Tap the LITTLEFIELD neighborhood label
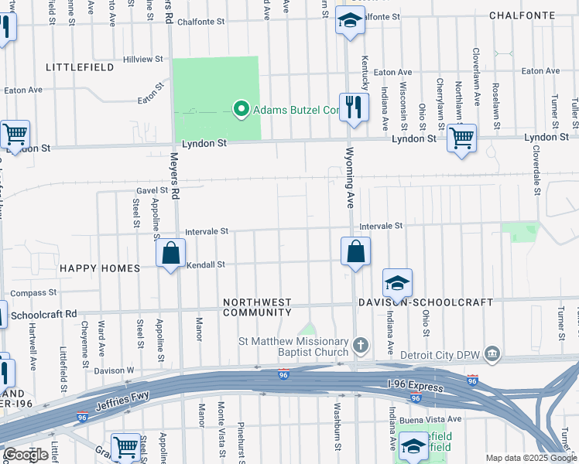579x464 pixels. click(80, 67)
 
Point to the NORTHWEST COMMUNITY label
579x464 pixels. click(257, 307)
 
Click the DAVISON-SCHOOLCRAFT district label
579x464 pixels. click(423, 301)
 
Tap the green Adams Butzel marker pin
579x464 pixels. click(241, 110)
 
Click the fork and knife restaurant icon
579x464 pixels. click(354, 106)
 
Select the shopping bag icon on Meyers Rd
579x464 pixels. click(170, 253)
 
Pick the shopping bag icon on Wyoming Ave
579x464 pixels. click(355, 251)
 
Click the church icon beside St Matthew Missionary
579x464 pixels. click(360, 343)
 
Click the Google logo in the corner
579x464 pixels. click(26, 455)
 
